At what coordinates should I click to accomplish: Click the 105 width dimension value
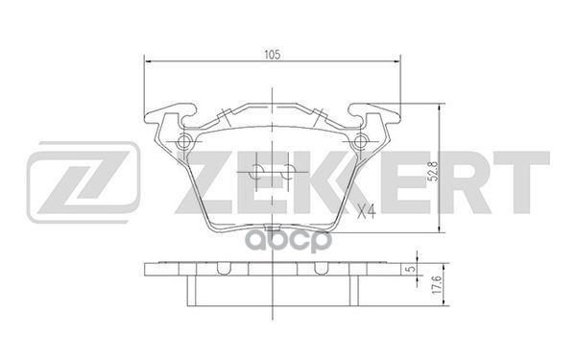(273, 56)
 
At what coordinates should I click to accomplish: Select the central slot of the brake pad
(273, 174)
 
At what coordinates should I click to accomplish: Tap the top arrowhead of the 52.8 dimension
(439, 108)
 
